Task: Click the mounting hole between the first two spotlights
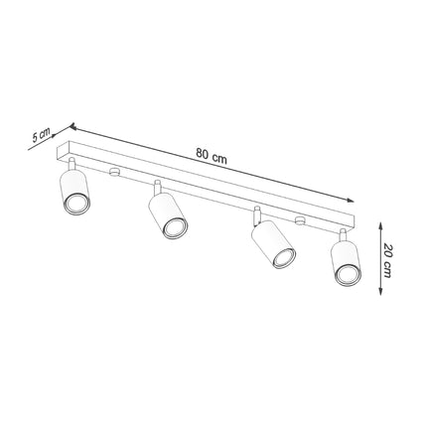pyautogui.click(x=116, y=173)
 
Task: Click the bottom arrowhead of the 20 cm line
pyautogui.click(x=382, y=293)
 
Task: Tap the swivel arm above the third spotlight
pyautogui.click(x=257, y=214)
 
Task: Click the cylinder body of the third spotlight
pyautogui.click(x=270, y=244)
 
